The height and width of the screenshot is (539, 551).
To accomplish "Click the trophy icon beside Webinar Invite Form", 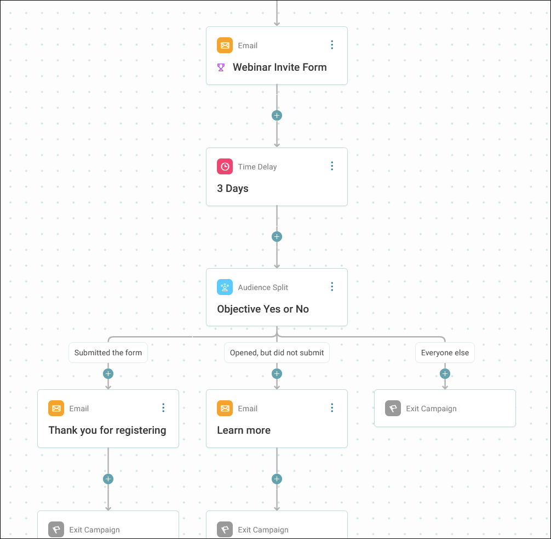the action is pyautogui.click(x=221, y=67).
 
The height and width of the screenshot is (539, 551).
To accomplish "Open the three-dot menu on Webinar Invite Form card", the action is pyautogui.click(x=332, y=45).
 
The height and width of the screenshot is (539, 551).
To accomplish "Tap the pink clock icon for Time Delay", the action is pyautogui.click(x=225, y=166).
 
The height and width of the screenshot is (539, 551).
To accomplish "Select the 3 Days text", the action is pyautogui.click(x=233, y=189).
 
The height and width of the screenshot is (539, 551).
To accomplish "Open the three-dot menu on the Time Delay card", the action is pyautogui.click(x=332, y=166).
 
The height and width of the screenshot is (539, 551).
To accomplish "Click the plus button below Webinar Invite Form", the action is pyautogui.click(x=277, y=115).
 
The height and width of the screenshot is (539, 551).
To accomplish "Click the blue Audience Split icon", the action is pyautogui.click(x=225, y=287).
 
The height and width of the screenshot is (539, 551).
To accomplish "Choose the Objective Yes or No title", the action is pyautogui.click(x=263, y=309).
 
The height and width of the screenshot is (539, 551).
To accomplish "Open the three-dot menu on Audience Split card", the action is pyautogui.click(x=332, y=287).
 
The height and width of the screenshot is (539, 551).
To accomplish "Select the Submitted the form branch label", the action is pyautogui.click(x=108, y=353).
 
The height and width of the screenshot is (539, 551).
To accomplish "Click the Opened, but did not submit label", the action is pyautogui.click(x=277, y=353).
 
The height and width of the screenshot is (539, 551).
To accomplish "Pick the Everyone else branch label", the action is pyautogui.click(x=445, y=353).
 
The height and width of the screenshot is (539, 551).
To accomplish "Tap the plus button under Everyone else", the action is pyautogui.click(x=445, y=373).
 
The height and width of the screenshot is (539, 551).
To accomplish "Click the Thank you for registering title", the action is pyautogui.click(x=107, y=430).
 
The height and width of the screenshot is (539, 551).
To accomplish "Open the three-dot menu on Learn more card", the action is pyautogui.click(x=332, y=408).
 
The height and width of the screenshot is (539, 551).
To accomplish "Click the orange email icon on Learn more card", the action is pyautogui.click(x=225, y=408).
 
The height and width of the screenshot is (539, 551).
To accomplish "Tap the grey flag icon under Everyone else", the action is pyautogui.click(x=393, y=408).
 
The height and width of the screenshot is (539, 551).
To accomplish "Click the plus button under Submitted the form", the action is pyautogui.click(x=108, y=373).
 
